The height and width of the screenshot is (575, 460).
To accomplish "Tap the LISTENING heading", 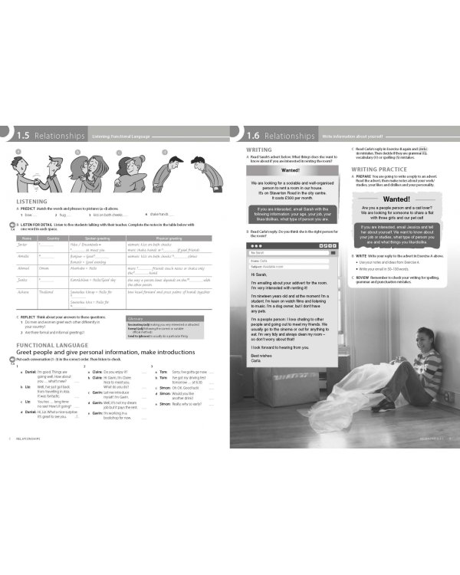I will coord(33,202).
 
